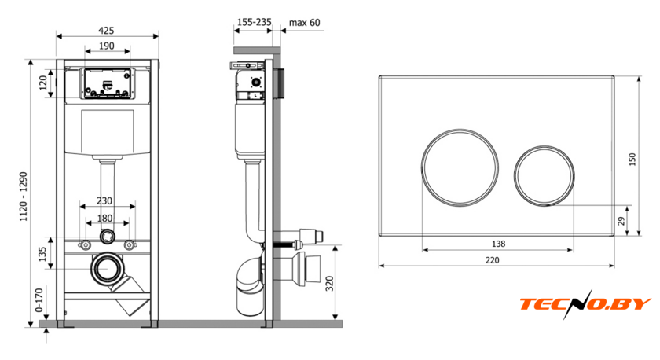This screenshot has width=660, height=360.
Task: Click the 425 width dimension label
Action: [106, 31]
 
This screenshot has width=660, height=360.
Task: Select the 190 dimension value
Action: [107, 46]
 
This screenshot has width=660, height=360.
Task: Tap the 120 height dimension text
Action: [43, 83]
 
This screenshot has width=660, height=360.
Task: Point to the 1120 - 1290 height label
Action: [24, 197]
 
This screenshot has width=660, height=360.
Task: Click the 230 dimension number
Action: [104, 201]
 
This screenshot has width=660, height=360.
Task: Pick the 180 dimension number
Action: [104, 218]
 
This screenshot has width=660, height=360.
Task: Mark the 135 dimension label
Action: [43, 255]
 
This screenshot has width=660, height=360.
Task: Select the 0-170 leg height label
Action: [39, 300]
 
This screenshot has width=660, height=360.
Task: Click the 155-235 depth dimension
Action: [255, 22]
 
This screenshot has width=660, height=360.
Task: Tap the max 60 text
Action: [304, 22]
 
